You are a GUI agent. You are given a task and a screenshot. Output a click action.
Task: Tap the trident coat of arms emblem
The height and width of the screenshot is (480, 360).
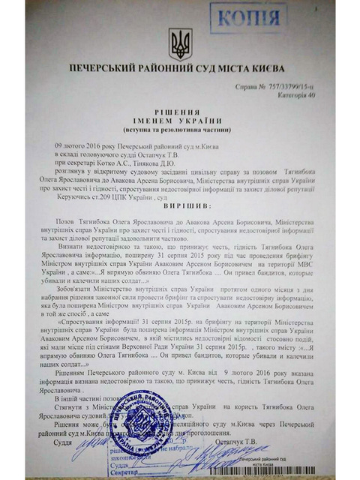pyautogui.click(x=180, y=44)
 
